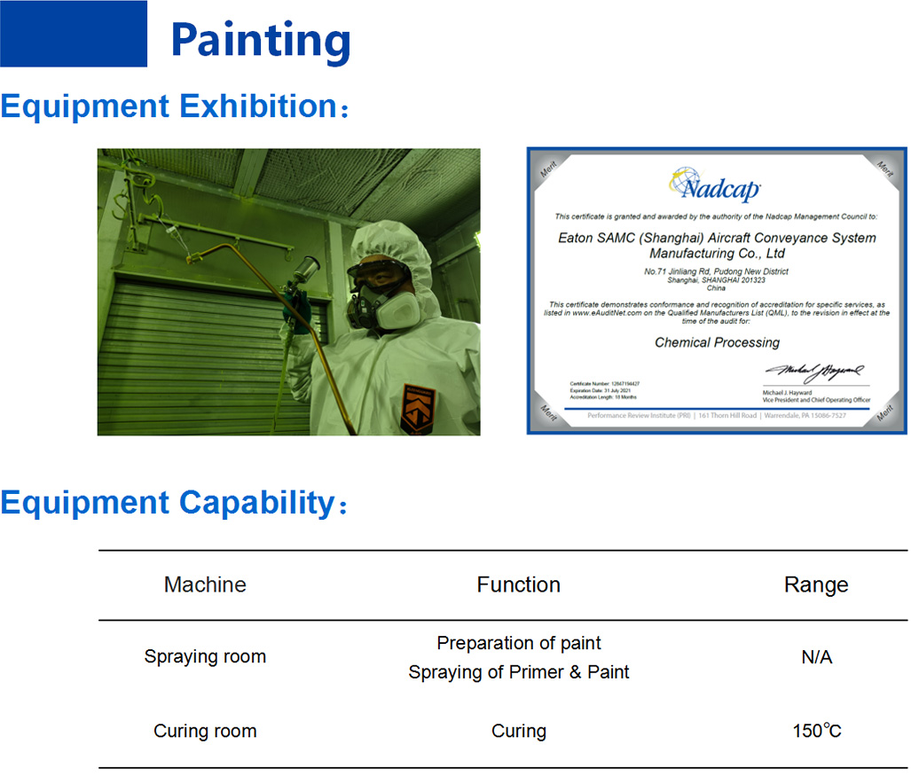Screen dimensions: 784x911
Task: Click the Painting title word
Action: click(260, 40)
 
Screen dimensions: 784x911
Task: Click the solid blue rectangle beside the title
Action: click(74, 34)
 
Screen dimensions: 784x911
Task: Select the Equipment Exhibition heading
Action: click(169, 106)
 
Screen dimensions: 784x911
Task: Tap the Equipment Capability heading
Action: click(168, 503)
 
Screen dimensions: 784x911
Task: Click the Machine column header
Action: click(205, 584)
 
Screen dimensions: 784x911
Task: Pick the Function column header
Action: click(518, 584)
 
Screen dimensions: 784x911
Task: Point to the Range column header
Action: click(816, 584)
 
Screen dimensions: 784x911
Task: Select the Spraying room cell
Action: click(205, 657)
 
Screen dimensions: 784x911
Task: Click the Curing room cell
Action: click(205, 732)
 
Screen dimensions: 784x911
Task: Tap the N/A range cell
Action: click(816, 657)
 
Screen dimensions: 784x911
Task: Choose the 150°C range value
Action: click(816, 732)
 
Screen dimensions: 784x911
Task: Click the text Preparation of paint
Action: click(519, 643)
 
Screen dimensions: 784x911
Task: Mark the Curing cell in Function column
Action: click(518, 732)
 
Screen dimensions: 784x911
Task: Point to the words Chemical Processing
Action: click(717, 342)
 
